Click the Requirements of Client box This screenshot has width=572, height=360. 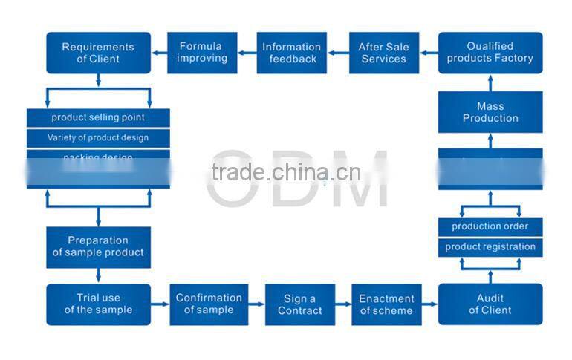[x=98, y=53]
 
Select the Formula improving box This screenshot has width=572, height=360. [x=202, y=53]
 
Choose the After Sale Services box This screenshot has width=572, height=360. [x=384, y=53]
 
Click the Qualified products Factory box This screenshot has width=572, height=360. [x=490, y=53]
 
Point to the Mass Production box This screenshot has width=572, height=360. [x=490, y=113]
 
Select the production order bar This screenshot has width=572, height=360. [x=490, y=226]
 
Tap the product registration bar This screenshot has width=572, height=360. [x=490, y=247]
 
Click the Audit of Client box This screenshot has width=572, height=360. [x=490, y=304]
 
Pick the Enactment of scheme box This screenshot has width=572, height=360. [x=386, y=304]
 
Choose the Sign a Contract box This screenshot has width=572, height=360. [x=299, y=304]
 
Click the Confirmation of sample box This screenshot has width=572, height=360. [x=209, y=304]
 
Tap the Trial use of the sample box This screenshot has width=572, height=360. [x=98, y=304]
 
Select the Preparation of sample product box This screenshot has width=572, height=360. [x=98, y=246]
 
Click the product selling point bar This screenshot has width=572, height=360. [x=98, y=117]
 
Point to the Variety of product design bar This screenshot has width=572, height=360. [x=98, y=137]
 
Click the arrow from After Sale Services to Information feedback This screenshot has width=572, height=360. [x=338, y=53]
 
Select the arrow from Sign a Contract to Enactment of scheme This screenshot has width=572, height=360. [x=342, y=304]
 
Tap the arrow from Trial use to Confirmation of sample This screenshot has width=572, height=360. [x=160, y=304]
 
